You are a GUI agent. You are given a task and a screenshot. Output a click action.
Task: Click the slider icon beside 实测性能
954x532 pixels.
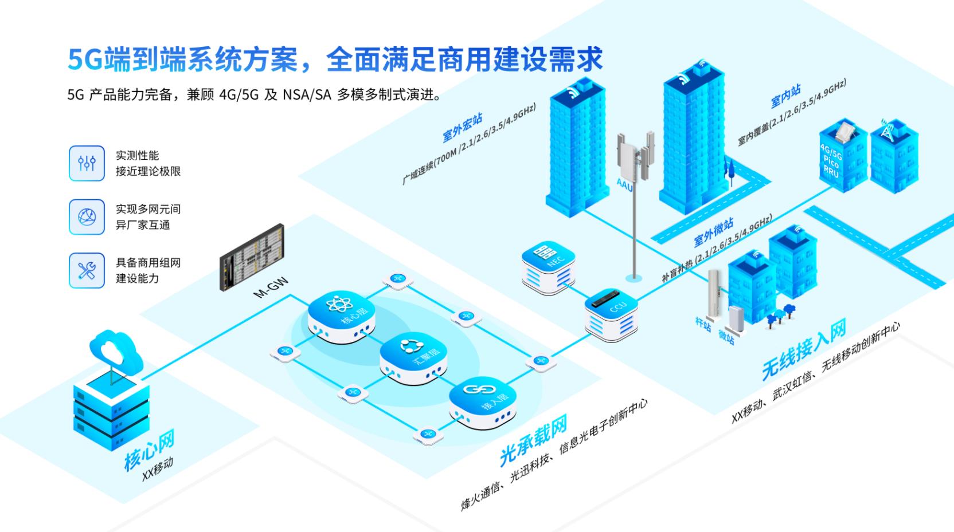point(87,163)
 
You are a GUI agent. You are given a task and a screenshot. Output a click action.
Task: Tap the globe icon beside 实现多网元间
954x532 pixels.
point(87,217)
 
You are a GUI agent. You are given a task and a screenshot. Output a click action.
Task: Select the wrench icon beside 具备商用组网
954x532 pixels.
point(87,270)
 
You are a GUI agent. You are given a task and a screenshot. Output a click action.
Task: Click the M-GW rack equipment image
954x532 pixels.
point(252,257)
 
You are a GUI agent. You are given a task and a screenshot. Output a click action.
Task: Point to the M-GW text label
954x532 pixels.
point(271,288)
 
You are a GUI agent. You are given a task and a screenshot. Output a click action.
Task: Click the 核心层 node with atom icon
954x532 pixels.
point(342,315)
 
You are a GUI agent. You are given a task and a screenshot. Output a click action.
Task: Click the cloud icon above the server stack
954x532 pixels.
point(116,350)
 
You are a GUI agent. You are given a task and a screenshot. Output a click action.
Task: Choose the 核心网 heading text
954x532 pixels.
point(150,450)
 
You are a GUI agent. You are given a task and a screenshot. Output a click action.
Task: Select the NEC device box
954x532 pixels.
point(549,267)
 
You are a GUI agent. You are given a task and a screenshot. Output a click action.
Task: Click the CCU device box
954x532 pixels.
point(611,314)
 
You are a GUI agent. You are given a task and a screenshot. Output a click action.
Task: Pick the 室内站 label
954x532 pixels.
point(785,97)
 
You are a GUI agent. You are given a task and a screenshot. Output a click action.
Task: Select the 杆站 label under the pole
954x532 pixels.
point(703,324)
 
